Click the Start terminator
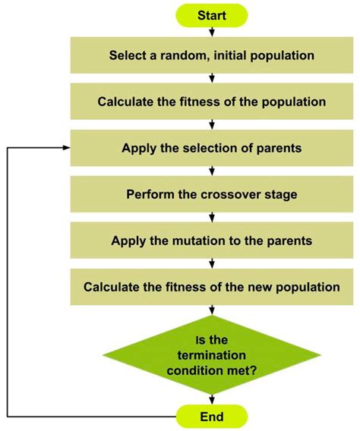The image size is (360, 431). click(x=211, y=15)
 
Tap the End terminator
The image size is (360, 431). click(x=211, y=417)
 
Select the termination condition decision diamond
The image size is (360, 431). click(x=211, y=355)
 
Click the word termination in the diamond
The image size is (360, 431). click(x=211, y=355)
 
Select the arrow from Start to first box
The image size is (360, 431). click(x=211, y=32)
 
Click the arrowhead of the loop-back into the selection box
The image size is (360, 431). click(x=67, y=148)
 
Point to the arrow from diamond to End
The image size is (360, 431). click(x=211, y=400)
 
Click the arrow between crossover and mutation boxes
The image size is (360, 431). click(x=211, y=217)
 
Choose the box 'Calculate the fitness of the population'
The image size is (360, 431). click(x=211, y=102)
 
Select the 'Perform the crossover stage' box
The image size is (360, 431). click(x=211, y=194)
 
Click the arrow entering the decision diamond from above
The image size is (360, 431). click(x=211, y=310)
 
